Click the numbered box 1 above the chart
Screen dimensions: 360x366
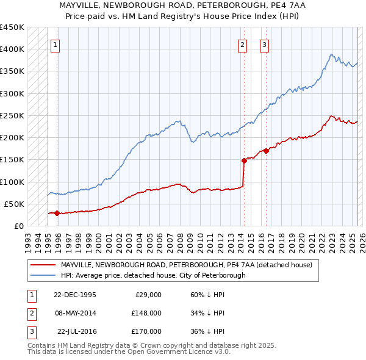(x=55, y=44)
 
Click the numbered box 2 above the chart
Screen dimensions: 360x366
(x=242, y=44)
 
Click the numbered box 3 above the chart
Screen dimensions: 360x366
(x=264, y=44)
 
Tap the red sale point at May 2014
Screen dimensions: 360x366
(x=244, y=160)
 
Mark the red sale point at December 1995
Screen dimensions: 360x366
(x=57, y=213)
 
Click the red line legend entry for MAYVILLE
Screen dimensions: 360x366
(x=186, y=265)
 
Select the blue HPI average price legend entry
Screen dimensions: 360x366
(x=152, y=275)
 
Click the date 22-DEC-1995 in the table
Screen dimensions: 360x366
(x=74, y=294)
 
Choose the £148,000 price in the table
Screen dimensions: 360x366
(x=146, y=312)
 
